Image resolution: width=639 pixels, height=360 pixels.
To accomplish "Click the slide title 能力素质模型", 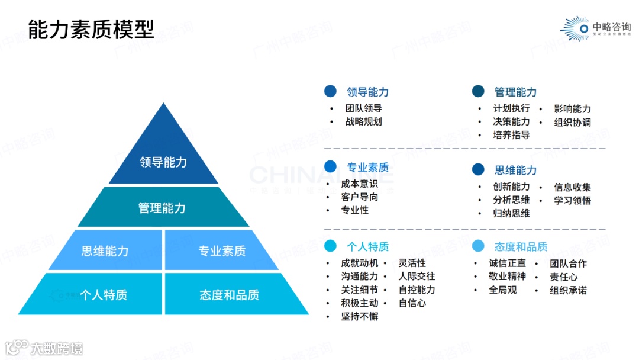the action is [x=91, y=28].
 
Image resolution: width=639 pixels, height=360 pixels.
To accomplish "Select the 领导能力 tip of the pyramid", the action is [x=163, y=162].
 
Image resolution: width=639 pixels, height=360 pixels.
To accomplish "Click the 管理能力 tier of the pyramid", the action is [x=162, y=208].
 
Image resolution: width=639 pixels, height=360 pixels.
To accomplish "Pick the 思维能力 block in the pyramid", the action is [x=105, y=250].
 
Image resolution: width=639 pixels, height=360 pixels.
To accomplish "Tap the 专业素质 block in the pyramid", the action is [x=222, y=250].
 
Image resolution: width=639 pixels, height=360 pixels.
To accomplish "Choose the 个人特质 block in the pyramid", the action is [x=104, y=294].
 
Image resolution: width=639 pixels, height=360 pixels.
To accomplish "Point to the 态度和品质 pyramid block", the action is [x=230, y=294].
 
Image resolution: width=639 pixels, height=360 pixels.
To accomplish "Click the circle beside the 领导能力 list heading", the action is [x=330, y=91].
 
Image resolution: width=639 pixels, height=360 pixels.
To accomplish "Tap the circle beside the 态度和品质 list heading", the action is [x=478, y=246].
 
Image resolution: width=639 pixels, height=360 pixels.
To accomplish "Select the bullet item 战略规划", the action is [x=364, y=121].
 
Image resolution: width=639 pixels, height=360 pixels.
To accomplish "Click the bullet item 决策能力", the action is [x=512, y=121].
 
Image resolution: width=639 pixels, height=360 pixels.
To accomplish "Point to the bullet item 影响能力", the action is [x=572, y=108].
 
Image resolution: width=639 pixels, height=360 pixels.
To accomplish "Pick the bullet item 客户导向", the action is [x=360, y=197].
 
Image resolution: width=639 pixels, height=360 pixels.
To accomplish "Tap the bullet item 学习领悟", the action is [x=572, y=200].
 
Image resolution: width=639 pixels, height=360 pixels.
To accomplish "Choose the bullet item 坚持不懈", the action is [x=360, y=316].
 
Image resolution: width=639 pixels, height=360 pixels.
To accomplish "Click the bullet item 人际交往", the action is [x=417, y=276].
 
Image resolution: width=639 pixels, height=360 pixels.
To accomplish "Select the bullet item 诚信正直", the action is [x=507, y=263].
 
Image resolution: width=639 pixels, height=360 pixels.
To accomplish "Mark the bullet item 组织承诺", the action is [x=568, y=290].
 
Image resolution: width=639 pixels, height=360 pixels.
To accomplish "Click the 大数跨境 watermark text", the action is [x=57, y=348].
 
